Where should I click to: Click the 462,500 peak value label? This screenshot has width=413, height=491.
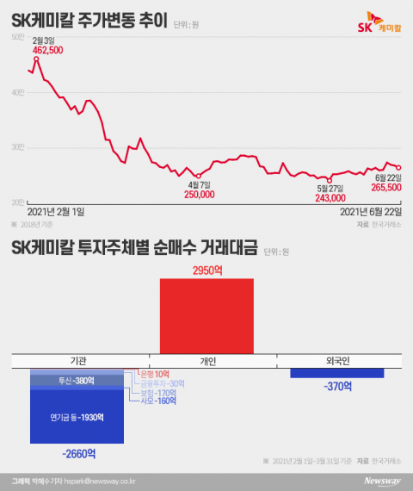click(46, 51)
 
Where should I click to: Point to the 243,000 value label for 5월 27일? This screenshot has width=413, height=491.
click(330, 198)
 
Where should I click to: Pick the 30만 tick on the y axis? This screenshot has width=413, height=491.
click(20, 147)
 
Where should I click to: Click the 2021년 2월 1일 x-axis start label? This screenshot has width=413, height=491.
click(57, 210)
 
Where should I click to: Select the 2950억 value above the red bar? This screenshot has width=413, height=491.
click(206, 270)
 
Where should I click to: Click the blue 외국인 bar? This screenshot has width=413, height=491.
click(336, 373)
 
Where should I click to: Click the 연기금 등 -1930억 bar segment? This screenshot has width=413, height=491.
click(77, 418)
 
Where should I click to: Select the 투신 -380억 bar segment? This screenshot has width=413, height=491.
click(77, 381)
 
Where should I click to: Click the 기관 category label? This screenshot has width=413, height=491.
click(77, 359)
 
